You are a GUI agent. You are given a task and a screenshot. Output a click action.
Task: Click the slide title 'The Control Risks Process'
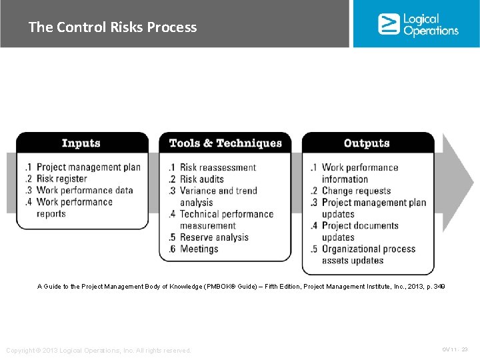point(113,27)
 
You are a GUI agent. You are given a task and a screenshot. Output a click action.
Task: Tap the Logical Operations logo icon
point(388,24)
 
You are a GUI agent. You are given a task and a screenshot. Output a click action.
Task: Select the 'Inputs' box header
point(81,143)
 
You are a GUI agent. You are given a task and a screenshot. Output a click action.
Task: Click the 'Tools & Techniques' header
point(225,143)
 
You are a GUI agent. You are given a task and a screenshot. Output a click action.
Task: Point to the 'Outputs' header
point(366,143)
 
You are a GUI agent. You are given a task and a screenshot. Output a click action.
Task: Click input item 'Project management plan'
point(88,167)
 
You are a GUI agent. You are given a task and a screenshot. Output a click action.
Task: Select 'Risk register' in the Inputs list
point(61,179)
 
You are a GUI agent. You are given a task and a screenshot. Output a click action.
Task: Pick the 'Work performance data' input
point(85,190)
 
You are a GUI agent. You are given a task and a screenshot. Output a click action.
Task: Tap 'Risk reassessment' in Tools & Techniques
point(218,167)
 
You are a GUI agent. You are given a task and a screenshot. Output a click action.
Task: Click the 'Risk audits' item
point(202,179)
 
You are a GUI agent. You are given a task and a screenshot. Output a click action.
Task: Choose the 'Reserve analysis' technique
point(214,237)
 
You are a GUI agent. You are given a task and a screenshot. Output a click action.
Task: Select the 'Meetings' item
point(199,249)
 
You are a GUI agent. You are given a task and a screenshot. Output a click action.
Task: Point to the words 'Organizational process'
point(368,249)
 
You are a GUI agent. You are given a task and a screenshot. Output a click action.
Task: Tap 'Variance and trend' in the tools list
point(218,191)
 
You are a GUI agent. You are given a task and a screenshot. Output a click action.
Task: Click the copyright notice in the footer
point(99,351)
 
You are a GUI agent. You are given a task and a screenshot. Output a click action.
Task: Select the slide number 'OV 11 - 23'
point(455,349)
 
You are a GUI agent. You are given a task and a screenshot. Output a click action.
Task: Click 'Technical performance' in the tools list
point(227,214)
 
